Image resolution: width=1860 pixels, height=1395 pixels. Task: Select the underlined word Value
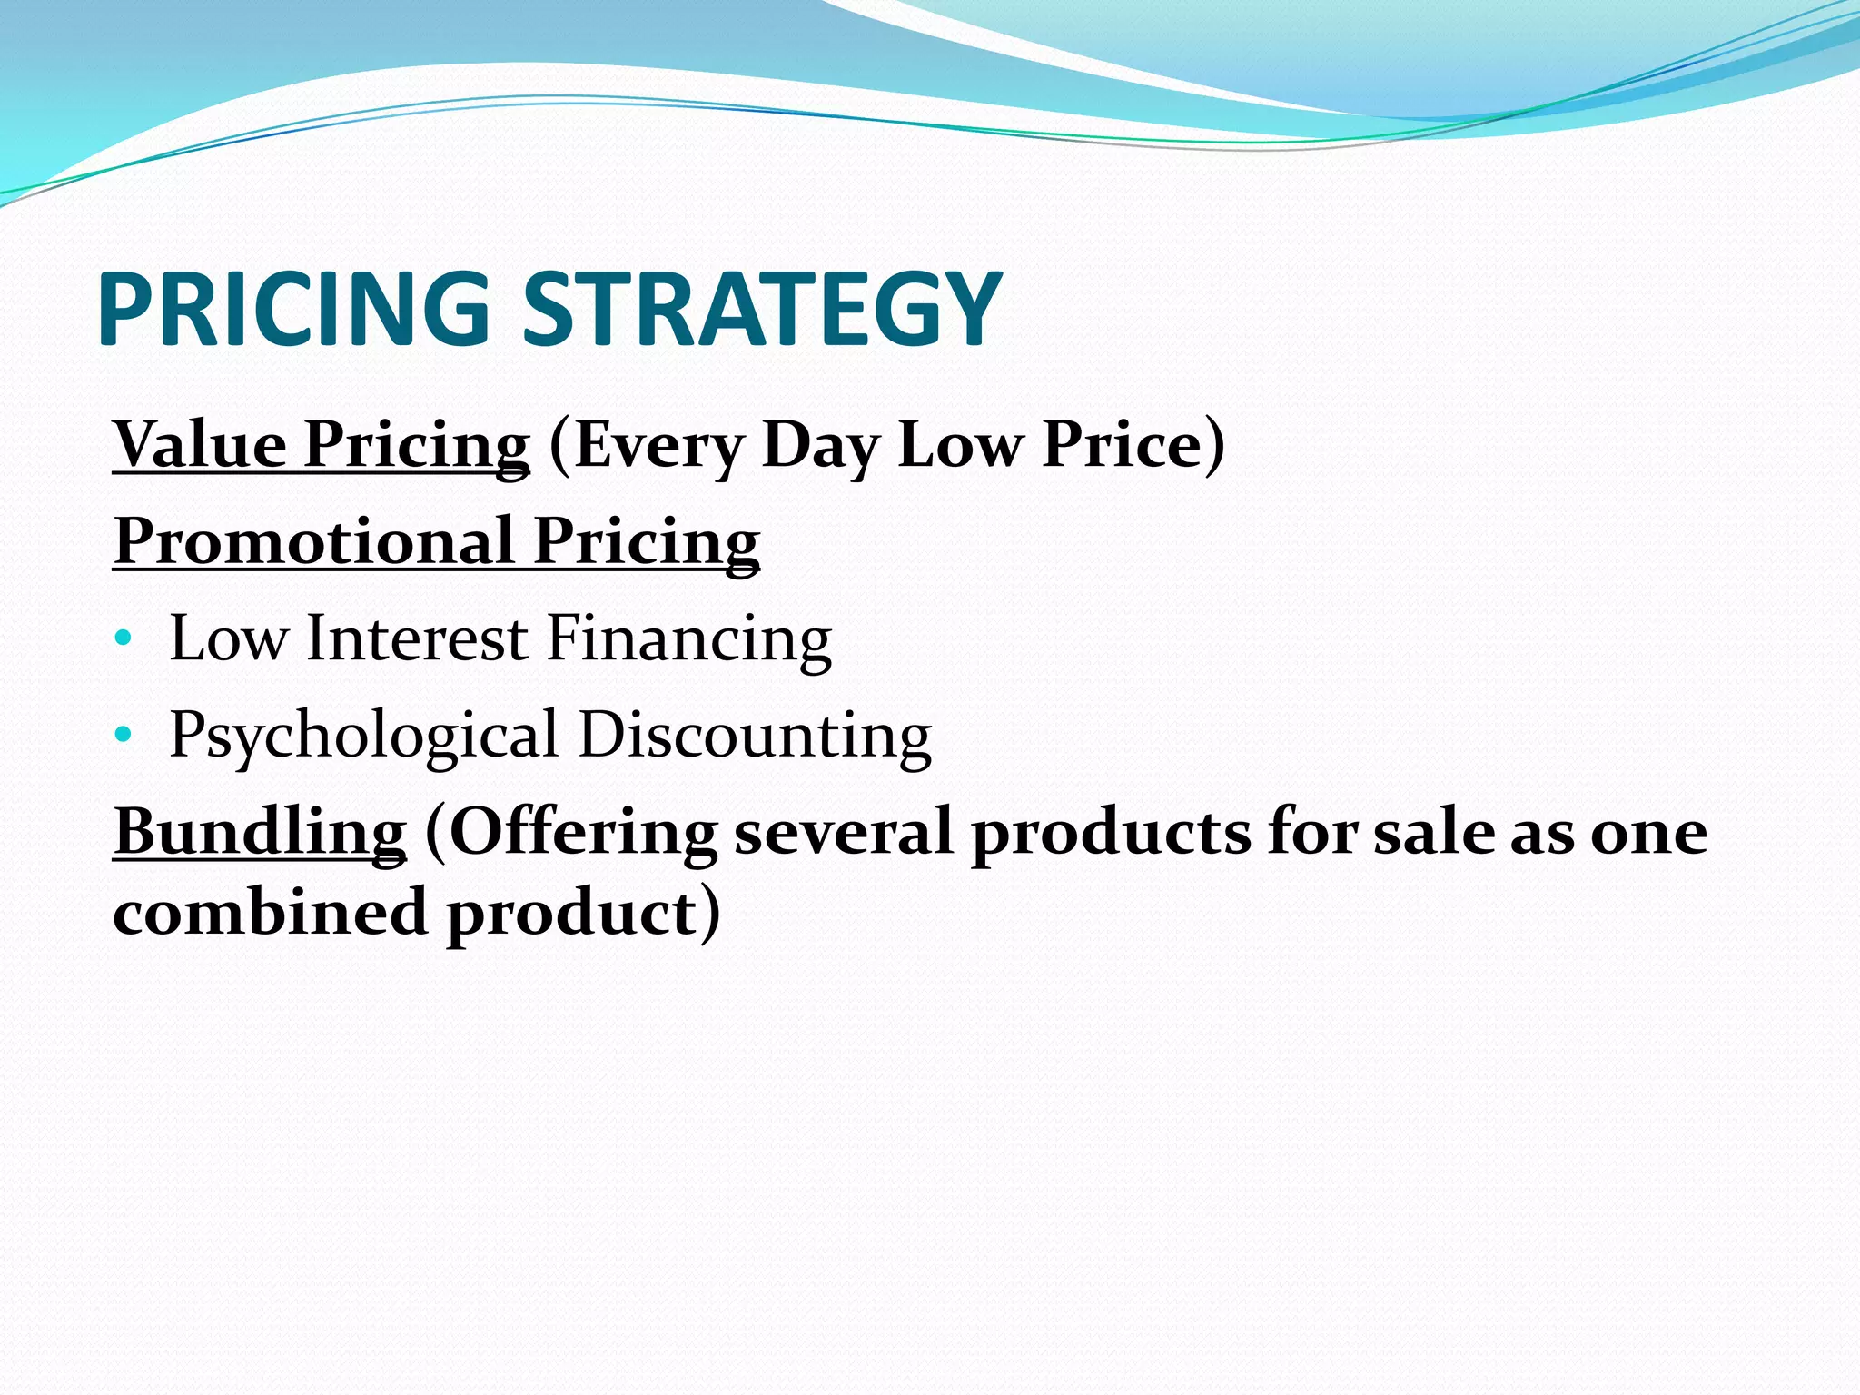[x=199, y=445]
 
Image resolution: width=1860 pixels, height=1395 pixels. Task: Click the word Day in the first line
[x=820, y=445]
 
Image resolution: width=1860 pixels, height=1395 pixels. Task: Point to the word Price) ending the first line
[x=1133, y=445]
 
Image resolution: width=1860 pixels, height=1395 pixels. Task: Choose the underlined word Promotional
[x=314, y=541]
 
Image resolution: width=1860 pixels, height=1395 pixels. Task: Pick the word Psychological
[x=364, y=735]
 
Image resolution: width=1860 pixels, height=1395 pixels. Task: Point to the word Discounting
[x=755, y=735]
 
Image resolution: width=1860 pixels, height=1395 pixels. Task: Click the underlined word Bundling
[x=260, y=832]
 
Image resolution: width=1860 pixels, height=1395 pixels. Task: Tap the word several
[x=843, y=832]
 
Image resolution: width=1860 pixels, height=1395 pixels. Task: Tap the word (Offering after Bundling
[x=571, y=832]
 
